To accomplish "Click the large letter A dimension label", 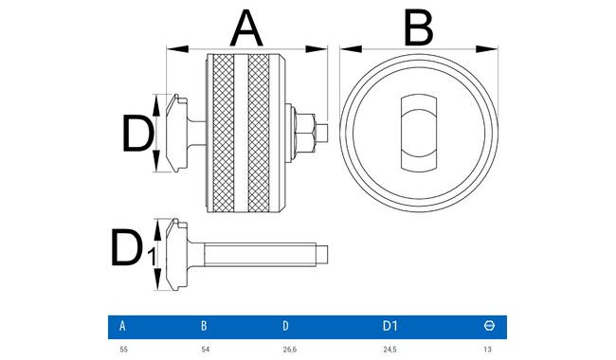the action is coord(246,27).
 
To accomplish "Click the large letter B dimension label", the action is coord(419,27).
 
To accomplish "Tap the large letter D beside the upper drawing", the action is coord(137,133).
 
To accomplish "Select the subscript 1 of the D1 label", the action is coord(152,257).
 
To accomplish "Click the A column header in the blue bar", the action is coord(122,326).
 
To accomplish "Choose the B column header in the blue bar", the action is coord(204,326).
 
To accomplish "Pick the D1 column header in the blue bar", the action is coord(390,326).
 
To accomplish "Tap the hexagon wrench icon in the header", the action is coord(489,326).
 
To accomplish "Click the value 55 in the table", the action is coord(123,350).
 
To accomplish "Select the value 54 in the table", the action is coord(205,350).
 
